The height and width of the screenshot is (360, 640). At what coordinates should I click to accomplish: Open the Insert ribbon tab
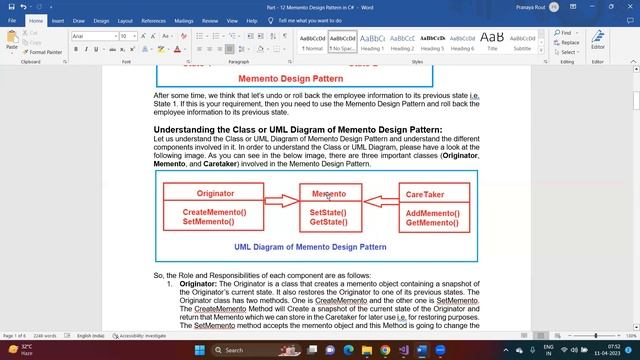click(x=57, y=20)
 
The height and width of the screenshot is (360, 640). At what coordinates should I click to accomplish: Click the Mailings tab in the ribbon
click(x=185, y=20)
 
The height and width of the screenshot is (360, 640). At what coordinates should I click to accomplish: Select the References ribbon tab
click(x=153, y=20)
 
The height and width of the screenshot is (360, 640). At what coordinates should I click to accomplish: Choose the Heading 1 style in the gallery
click(x=372, y=41)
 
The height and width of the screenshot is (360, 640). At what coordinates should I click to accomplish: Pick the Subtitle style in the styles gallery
click(x=522, y=41)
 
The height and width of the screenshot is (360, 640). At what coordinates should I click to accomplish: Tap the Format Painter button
click(x=45, y=52)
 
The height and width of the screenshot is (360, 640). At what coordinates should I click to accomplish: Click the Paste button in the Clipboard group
click(x=12, y=41)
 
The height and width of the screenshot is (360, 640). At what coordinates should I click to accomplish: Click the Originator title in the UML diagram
click(x=215, y=193)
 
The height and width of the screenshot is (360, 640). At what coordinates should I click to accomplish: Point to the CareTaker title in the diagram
click(x=425, y=194)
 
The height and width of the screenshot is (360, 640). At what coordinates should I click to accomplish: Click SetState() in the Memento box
click(x=328, y=213)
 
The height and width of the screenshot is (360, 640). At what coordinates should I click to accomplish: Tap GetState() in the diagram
click(x=328, y=222)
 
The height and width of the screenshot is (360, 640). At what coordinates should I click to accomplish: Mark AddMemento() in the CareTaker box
click(x=433, y=214)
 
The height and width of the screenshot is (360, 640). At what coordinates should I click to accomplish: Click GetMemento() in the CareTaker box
click(x=433, y=223)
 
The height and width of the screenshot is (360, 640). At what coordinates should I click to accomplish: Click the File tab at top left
click(x=11, y=20)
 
